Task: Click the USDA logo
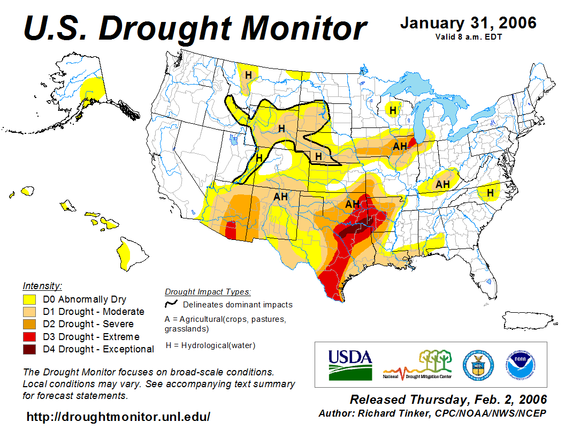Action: (x=350, y=365)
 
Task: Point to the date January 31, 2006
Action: (x=468, y=23)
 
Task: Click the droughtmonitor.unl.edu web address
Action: (x=118, y=416)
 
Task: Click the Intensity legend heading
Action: (x=42, y=285)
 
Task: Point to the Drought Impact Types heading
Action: (x=208, y=292)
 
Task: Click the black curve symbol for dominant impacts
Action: (x=171, y=305)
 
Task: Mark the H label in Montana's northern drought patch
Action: (x=248, y=75)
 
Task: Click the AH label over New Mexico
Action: (x=281, y=197)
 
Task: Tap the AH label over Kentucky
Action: (x=442, y=184)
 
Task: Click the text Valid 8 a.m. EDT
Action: (x=468, y=37)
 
